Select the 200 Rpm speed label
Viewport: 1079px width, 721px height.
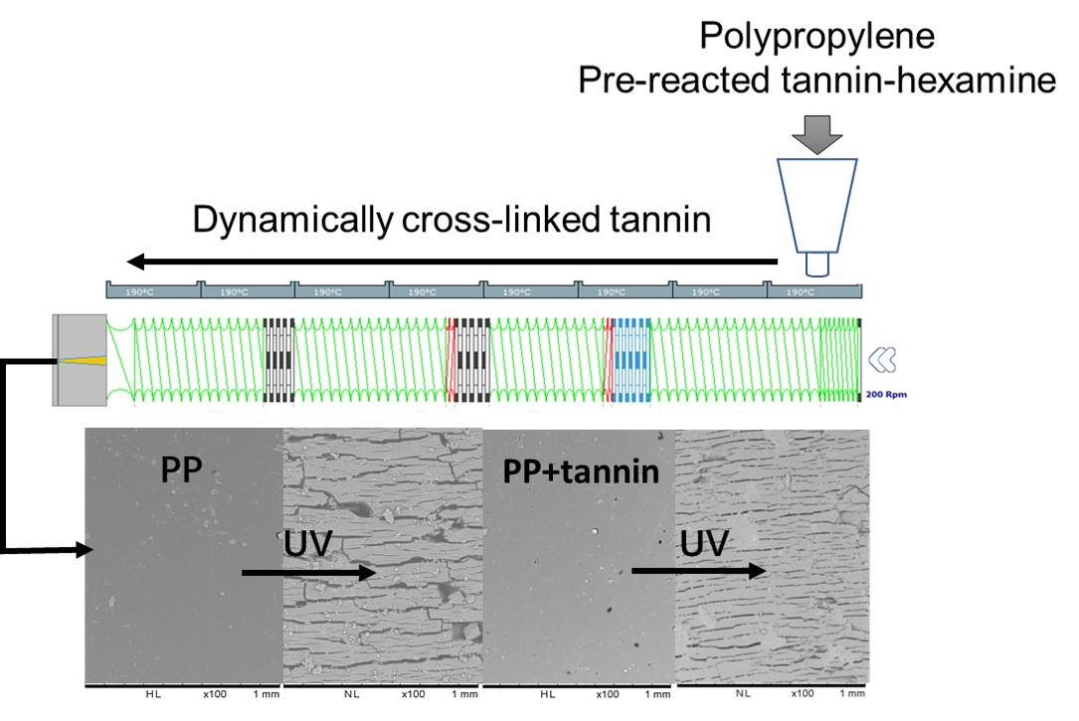tap(886, 394)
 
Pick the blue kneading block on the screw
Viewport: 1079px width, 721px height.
tap(630, 359)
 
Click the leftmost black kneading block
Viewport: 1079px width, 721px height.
tap(279, 359)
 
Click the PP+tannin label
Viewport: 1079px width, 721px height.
tap(581, 471)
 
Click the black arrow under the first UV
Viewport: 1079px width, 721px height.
tap(308, 573)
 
